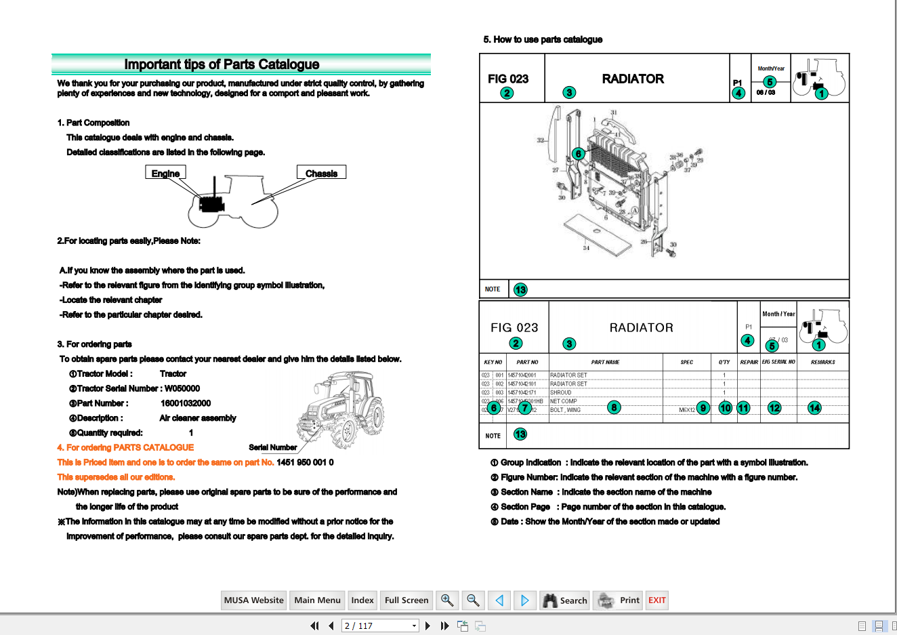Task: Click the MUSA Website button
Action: [254, 600]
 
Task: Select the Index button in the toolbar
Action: [362, 600]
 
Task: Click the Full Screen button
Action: [406, 600]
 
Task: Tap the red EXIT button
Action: [656, 600]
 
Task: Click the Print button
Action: [618, 600]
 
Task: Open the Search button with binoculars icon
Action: [564, 600]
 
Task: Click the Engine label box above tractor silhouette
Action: [165, 173]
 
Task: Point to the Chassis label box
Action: [321, 173]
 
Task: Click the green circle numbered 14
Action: [814, 408]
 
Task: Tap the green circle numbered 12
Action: [774, 408]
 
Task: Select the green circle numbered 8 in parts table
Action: [614, 407]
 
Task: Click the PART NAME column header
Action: [605, 362]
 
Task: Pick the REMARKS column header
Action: [822, 362]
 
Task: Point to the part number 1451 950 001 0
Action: [305, 462]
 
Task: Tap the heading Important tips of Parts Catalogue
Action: [222, 64]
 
